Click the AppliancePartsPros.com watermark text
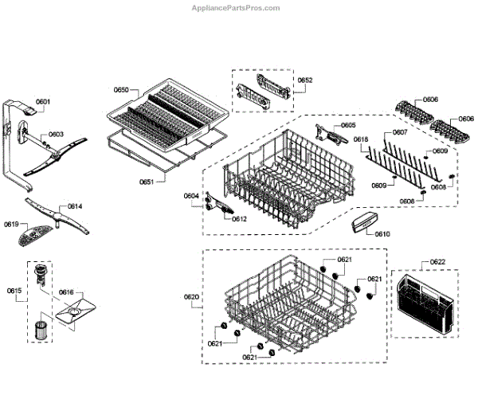point(238,8)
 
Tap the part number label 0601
point(43,102)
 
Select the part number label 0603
point(56,135)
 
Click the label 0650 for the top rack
point(120,91)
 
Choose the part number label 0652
point(305,80)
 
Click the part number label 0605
point(348,126)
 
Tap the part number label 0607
point(400,132)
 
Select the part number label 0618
point(360,140)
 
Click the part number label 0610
point(382,234)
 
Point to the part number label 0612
point(239,219)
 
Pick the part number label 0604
point(191,196)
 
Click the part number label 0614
point(74,207)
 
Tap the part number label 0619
point(11,225)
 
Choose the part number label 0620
point(191,297)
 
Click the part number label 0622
point(437,262)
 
